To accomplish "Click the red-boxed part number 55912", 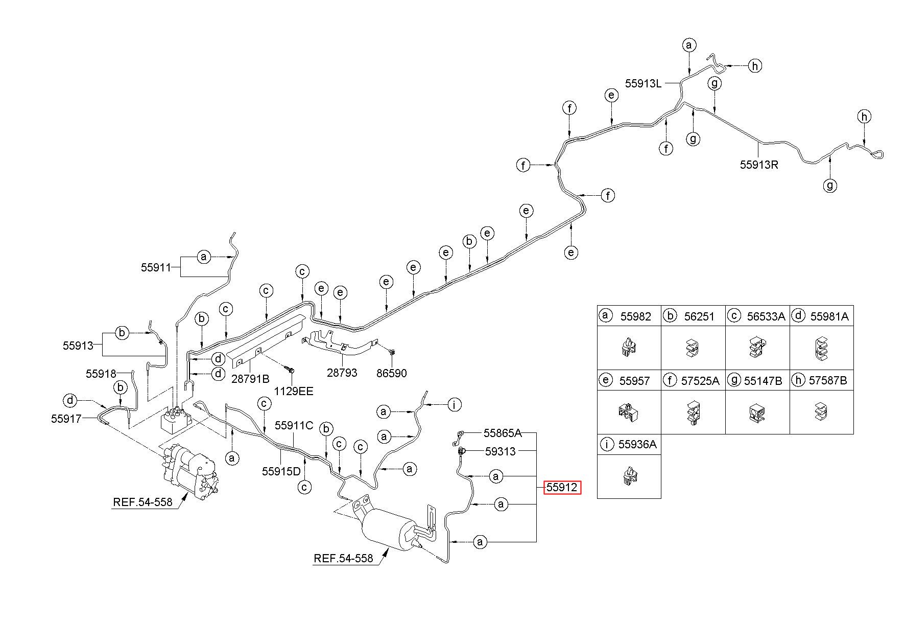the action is [562, 488].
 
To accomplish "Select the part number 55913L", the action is [644, 83].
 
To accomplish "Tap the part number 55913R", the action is [759, 165].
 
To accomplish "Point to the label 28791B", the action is [250, 379].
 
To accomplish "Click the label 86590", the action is [392, 374].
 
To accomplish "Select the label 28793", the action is [342, 373].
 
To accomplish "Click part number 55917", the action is [66, 419].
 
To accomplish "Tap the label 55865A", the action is [503, 433].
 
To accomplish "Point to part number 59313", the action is [500, 452].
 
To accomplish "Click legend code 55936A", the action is [637, 444].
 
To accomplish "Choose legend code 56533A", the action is [766, 316].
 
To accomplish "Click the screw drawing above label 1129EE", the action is [290, 369].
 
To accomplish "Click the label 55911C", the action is [294, 425].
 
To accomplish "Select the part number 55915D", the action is [281, 471].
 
